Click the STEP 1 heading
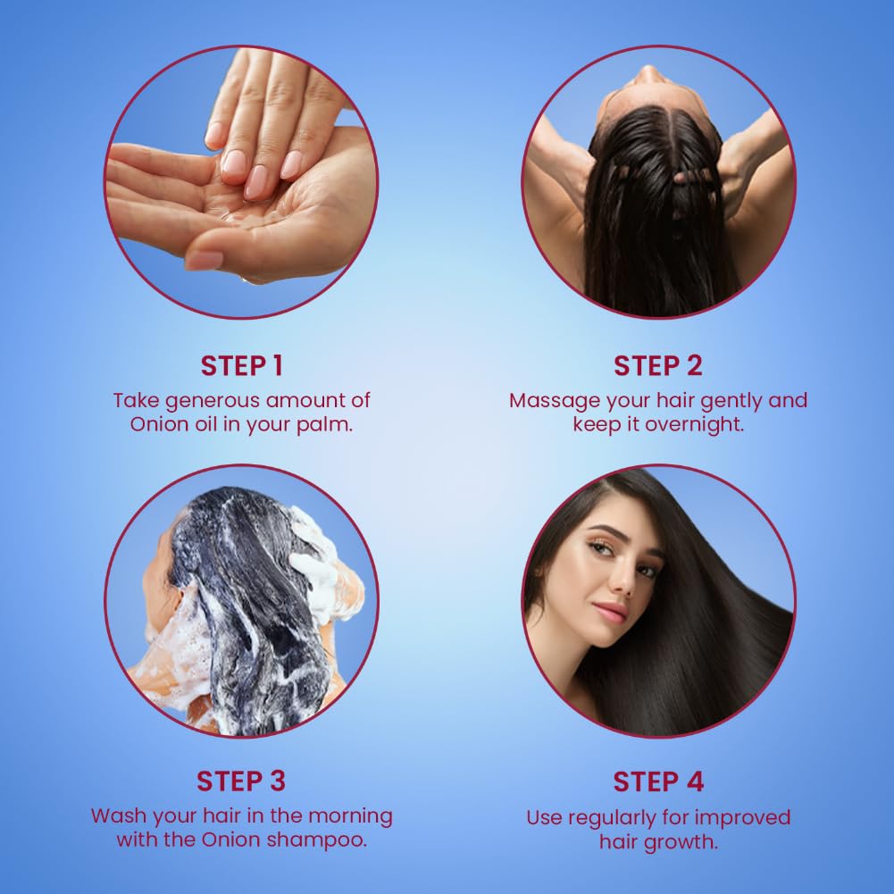[x=242, y=365]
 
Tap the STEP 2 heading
[x=658, y=365]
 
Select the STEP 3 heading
[x=241, y=781]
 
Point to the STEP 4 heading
[x=658, y=781]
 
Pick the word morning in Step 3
[x=350, y=817]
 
